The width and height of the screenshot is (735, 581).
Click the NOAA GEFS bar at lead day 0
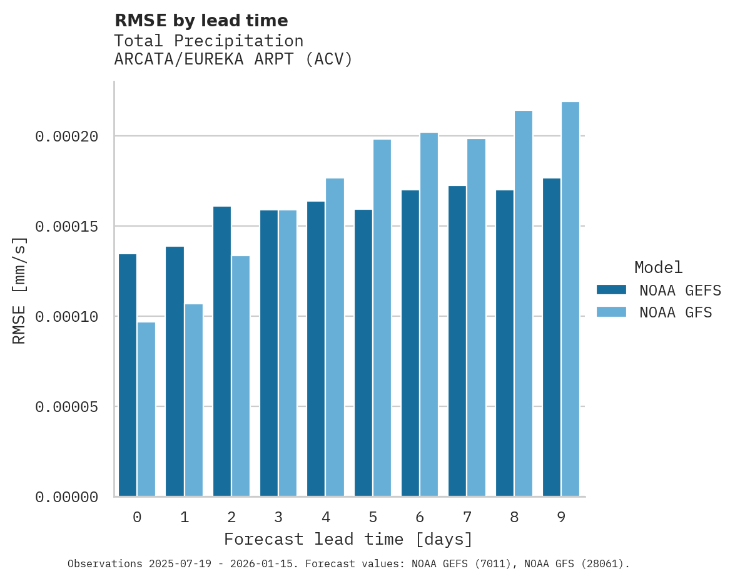point(128,375)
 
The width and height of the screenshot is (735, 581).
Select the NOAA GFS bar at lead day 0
point(146,409)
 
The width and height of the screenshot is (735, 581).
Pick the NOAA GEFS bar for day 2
point(222,351)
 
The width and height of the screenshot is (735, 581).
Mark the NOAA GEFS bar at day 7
point(457,341)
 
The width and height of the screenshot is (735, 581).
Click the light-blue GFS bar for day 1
point(193,400)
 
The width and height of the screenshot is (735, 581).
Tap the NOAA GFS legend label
point(676,312)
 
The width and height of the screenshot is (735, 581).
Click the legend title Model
point(658,267)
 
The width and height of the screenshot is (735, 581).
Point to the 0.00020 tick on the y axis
point(67,136)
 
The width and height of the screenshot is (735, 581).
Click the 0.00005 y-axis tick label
point(67,407)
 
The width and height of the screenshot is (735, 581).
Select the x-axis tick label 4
point(326,518)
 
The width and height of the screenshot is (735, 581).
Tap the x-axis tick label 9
point(561,518)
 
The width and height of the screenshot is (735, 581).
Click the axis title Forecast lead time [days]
point(348,539)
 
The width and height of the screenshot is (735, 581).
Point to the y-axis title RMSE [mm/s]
point(20,290)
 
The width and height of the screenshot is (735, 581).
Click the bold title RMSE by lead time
point(201,21)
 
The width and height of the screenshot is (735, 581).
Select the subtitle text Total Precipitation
point(209,41)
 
